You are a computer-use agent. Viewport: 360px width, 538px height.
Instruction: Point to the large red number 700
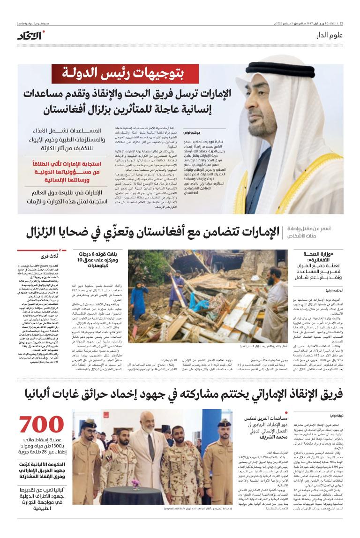click(x=42, y=425)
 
